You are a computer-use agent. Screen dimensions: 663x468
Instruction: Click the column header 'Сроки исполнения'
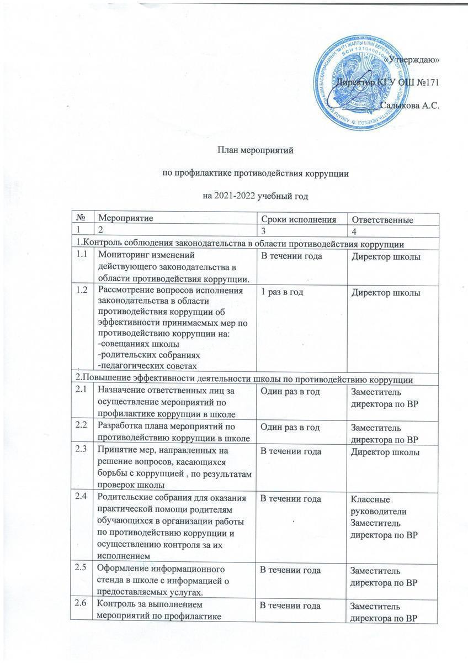point(298,219)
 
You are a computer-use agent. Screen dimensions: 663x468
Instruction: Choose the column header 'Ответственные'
point(383,220)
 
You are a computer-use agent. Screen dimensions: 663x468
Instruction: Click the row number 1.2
point(83,290)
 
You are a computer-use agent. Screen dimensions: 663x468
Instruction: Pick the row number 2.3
point(83,451)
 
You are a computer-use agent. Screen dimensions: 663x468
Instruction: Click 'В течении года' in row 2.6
point(290,606)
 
